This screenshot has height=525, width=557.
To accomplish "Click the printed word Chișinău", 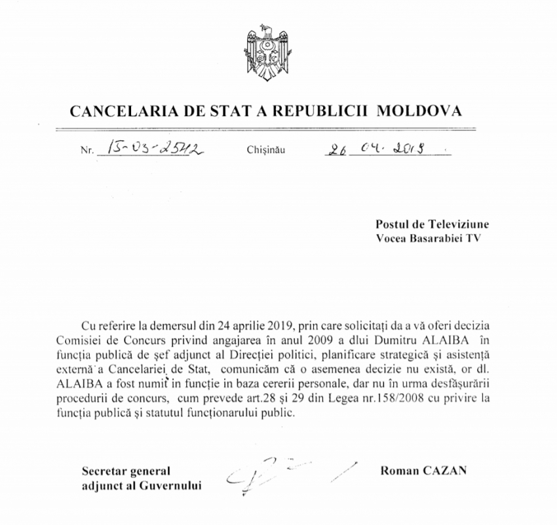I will point(267,150).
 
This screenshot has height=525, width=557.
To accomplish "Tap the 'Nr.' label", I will point(87,151).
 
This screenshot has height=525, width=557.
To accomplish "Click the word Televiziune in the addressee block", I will point(460,224).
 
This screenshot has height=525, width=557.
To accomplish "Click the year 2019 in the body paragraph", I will point(280,325).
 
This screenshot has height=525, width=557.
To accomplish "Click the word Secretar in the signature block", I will point(104,471).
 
